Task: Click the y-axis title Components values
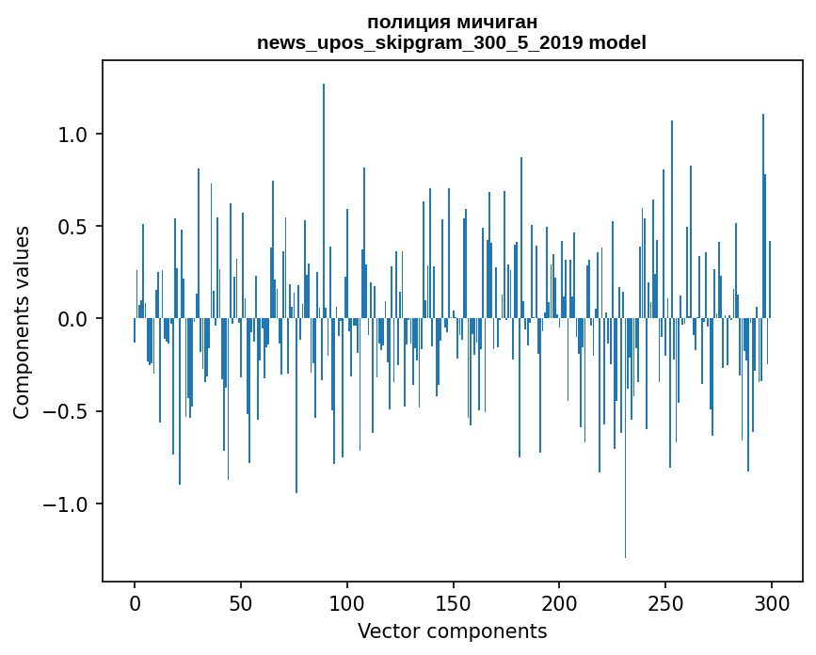(x=22, y=322)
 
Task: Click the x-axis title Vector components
(x=452, y=631)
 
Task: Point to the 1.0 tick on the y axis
(x=80, y=135)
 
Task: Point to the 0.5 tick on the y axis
(x=80, y=227)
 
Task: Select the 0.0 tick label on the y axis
(x=80, y=319)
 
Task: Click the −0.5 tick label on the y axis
(x=73, y=411)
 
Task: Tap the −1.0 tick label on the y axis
(x=73, y=504)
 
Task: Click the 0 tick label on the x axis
(x=135, y=601)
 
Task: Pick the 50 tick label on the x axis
(x=241, y=601)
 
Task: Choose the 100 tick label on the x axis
(x=347, y=601)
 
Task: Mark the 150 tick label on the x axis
(x=454, y=601)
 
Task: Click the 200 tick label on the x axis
(x=560, y=601)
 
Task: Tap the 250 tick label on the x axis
(x=665, y=601)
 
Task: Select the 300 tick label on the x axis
(x=772, y=601)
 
